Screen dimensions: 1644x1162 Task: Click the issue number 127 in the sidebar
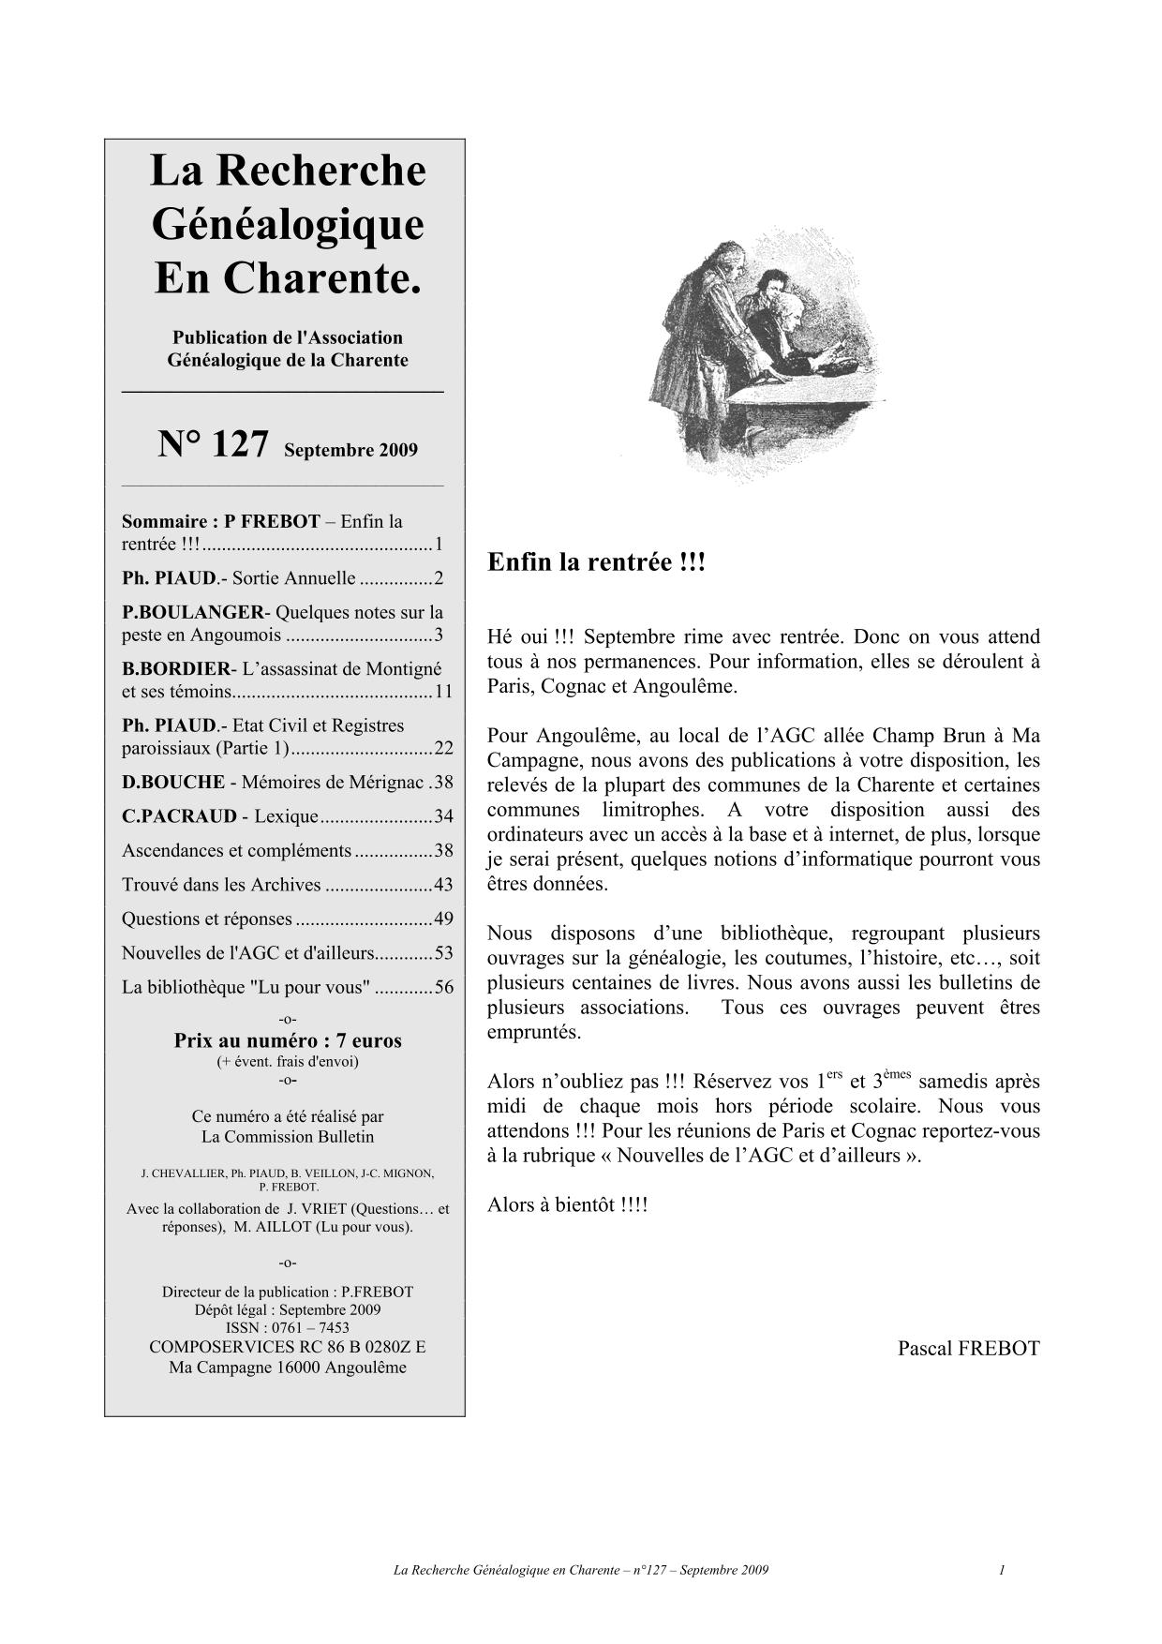pyautogui.click(x=239, y=444)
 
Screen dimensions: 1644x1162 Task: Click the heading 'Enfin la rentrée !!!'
pyautogui.click(x=596, y=563)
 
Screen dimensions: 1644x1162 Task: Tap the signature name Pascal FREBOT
pyautogui.click(x=968, y=1348)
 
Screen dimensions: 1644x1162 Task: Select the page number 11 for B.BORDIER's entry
pyautogui.click(x=443, y=692)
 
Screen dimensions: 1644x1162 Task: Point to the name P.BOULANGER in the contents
pyautogui.click(x=193, y=612)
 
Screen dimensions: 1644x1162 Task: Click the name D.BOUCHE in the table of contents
pyautogui.click(x=173, y=782)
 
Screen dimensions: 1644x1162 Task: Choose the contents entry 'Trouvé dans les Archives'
pyautogui.click(x=221, y=885)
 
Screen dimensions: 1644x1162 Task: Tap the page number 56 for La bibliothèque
pyautogui.click(x=443, y=987)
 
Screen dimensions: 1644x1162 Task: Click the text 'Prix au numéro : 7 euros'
pyautogui.click(x=288, y=1040)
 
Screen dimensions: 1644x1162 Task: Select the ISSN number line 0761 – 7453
pyautogui.click(x=288, y=1327)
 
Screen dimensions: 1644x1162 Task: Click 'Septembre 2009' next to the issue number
pyautogui.click(x=350, y=450)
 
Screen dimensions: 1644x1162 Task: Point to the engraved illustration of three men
pyautogui.click(x=764, y=351)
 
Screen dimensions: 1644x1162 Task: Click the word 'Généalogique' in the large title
pyautogui.click(x=288, y=224)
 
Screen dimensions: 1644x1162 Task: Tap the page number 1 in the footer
pyautogui.click(x=1002, y=1570)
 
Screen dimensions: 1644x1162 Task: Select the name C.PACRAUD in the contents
pyautogui.click(x=179, y=816)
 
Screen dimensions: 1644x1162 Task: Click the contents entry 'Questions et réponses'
pyautogui.click(x=207, y=919)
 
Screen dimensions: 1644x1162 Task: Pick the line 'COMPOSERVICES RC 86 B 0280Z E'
pyautogui.click(x=288, y=1347)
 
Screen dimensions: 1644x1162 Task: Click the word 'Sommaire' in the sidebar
pyautogui.click(x=164, y=521)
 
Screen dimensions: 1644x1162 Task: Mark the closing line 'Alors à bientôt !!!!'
pyautogui.click(x=567, y=1204)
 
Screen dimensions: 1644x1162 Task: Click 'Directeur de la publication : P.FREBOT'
pyautogui.click(x=288, y=1292)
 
